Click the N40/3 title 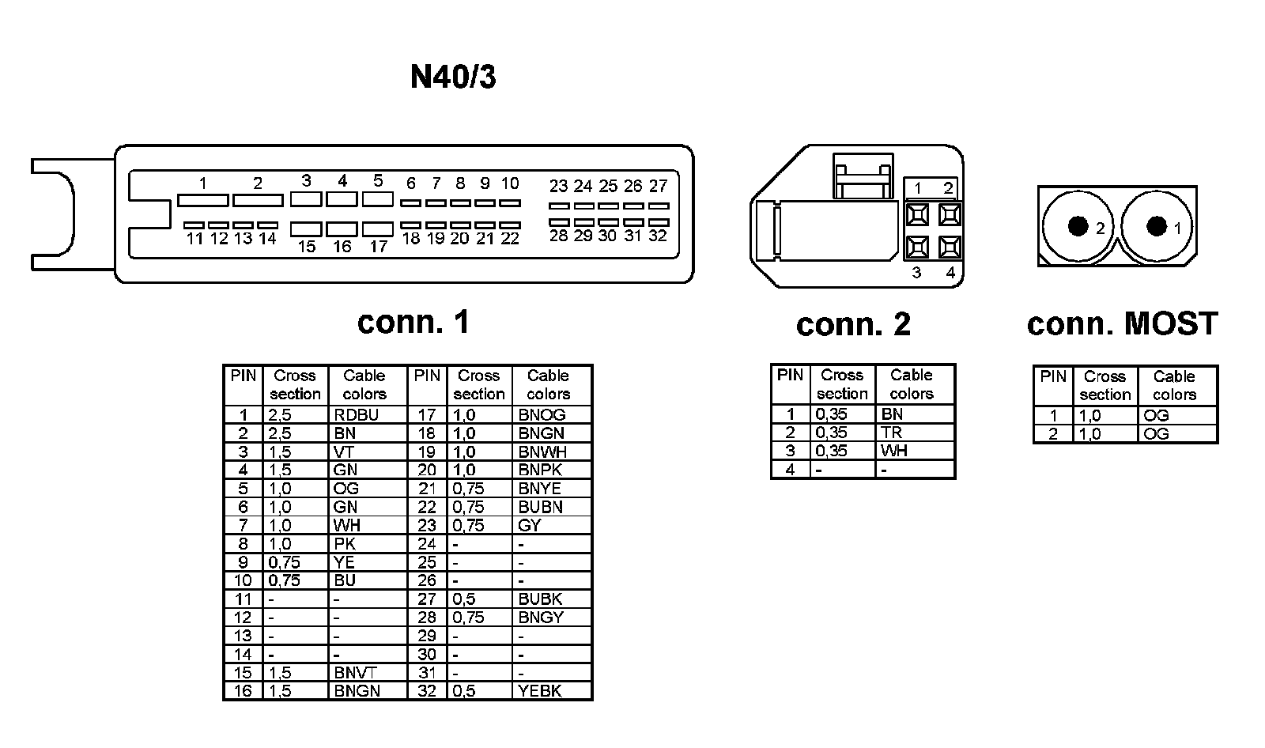(453, 77)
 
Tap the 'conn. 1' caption (413, 322)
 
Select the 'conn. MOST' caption (1122, 323)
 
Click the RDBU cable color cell (357, 415)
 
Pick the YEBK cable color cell (540, 691)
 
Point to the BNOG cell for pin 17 (542, 415)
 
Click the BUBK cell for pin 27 (541, 599)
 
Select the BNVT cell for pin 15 (356, 673)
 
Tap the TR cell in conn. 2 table (892, 433)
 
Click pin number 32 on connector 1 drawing (658, 236)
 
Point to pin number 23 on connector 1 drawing (558, 187)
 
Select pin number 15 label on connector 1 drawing (307, 247)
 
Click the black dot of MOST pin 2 (1077, 226)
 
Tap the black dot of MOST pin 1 (1156, 226)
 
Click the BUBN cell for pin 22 (541, 507)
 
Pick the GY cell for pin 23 (530, 526)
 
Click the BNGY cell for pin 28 (542, 618)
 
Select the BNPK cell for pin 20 (540, 470)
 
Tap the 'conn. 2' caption (853, 324)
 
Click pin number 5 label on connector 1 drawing (378, 181)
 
